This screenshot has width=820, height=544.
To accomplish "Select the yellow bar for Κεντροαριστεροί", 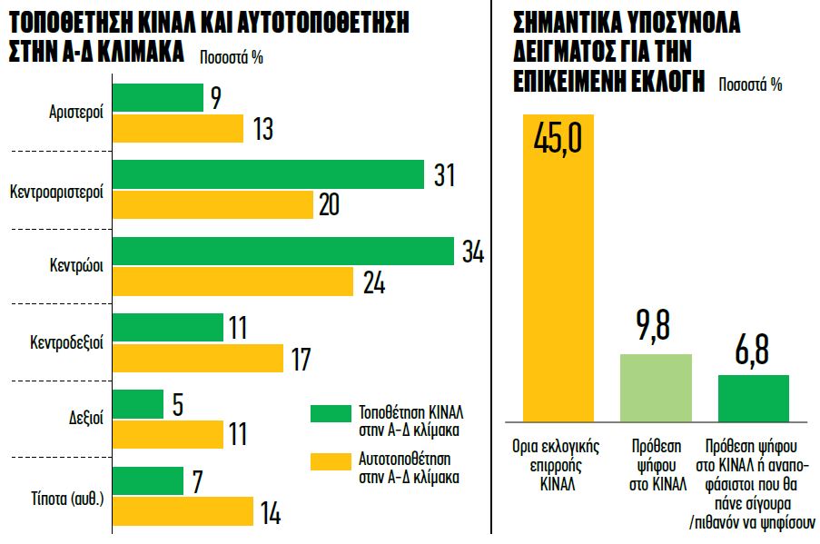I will coord(212,205).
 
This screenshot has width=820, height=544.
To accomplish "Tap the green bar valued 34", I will coord(282,252).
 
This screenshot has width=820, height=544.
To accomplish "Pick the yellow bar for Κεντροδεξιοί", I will coord(198,358).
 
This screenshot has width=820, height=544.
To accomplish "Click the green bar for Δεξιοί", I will coord(138,404).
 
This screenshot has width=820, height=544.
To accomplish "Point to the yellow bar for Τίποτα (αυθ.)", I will coord(183,511).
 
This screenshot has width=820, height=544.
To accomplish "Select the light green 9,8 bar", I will coord(656,389).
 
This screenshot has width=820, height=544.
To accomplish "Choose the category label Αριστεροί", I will coord(76,114).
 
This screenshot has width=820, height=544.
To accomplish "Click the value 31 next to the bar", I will coord(445,175).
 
